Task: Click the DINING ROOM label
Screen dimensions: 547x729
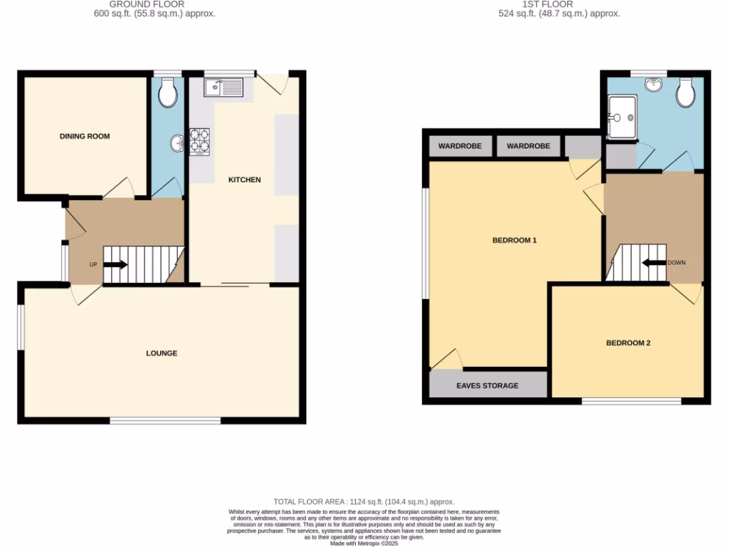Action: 85,136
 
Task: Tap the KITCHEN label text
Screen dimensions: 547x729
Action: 244,180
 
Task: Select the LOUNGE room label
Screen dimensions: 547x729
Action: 162,353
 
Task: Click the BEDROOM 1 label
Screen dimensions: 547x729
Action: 514,241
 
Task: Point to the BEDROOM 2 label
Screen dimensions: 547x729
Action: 628,343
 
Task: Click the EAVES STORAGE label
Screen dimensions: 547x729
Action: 488,385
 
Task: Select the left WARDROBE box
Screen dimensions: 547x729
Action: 459,146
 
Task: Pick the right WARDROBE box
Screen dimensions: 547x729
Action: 528,146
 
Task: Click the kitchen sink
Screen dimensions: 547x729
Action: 224,88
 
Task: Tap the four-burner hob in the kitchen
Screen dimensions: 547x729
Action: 199,141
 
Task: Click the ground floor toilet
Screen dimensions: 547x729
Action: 168,93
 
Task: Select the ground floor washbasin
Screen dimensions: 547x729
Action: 176,145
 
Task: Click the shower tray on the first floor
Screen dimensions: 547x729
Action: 620,119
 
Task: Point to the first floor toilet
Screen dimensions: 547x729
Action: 687,93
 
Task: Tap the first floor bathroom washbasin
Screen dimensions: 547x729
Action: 654,85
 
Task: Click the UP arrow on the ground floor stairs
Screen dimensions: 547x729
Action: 116,265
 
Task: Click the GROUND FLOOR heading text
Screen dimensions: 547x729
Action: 154,4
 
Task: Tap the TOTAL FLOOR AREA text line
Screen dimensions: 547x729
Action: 364,502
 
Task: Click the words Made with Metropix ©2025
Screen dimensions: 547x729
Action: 364,543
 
